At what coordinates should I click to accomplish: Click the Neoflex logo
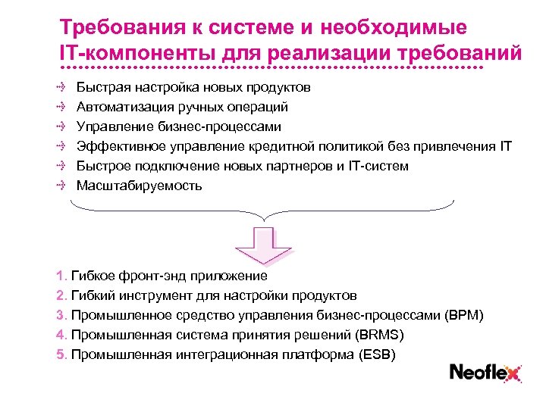(485, 372)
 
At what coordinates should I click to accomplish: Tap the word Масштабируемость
(140, 186)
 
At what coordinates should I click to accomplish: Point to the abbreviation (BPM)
(465, 315)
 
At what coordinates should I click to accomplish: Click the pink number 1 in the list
(61, 276)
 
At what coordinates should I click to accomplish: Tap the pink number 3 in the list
(61, 315)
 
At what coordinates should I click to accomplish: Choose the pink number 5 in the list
(61, 354)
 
